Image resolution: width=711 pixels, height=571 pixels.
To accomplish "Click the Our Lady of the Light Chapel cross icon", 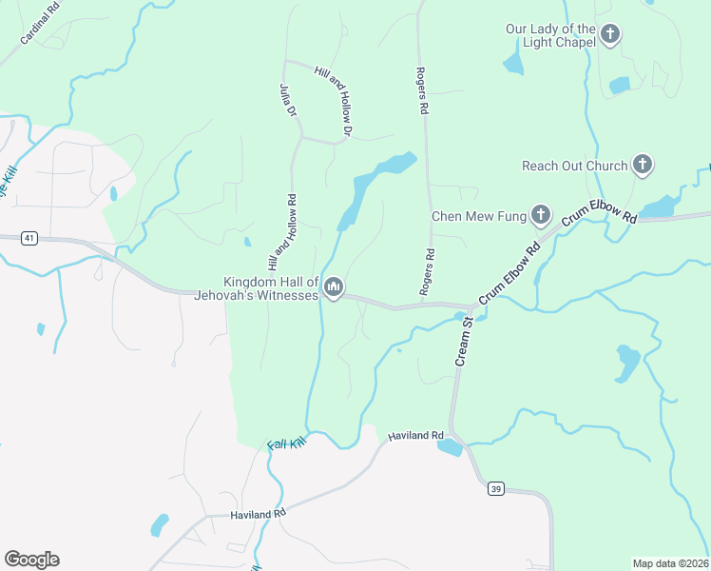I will pos(610,36).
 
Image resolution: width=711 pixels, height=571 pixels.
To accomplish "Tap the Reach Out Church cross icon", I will pos(643,166).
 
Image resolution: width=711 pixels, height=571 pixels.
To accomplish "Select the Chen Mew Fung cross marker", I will pos(541,216).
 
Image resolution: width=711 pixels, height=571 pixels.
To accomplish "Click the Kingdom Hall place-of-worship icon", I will pos(334,286).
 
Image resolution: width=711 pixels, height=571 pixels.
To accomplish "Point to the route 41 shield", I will pos(30,238).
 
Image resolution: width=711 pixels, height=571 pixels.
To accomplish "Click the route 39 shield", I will pos(495,489).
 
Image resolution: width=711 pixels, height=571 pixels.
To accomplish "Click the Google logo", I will pos(31,560).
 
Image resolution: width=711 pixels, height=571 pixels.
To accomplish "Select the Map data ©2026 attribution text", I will pos(670,562).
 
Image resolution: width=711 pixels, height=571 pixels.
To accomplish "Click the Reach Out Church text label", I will pos(574,166).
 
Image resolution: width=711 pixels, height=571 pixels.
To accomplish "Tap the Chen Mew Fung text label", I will pos(478,216).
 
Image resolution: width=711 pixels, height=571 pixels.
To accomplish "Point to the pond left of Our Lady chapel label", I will pos(513,63).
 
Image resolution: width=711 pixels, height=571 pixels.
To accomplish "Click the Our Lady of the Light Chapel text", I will pos(550,36).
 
